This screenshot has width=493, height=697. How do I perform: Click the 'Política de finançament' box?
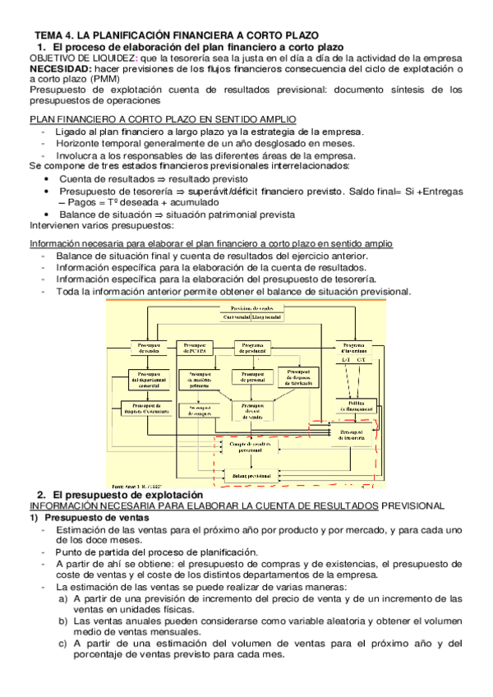pos(355,407)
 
